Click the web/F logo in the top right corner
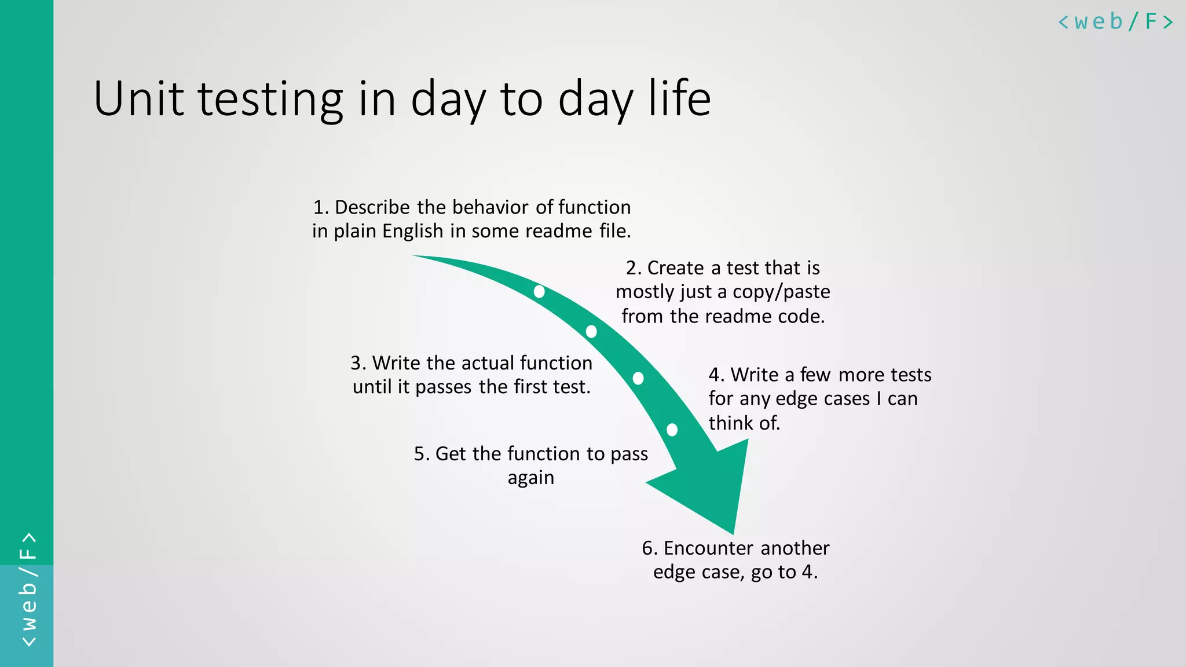coord(1115,22)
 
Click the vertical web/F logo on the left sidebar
coord(28,589)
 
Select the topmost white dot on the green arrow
coord(539,291)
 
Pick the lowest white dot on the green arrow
coord(672,430)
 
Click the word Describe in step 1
coord(372,207)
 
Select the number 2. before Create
coord(634,268)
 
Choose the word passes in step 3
coord(444,387)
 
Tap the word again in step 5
coord(530,478)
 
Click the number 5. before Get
coord(422,454)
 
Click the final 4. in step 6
coord(810,572)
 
